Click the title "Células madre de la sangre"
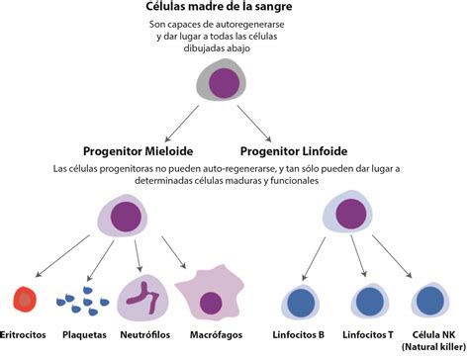pos(234,9)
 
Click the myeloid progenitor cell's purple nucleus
pos(127,214)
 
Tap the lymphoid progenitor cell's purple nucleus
pos(351,213)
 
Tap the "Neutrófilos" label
pos(144,335)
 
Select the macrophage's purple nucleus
pos(211,301)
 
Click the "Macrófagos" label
pos(210,335)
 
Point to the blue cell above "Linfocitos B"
pos(298,300)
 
